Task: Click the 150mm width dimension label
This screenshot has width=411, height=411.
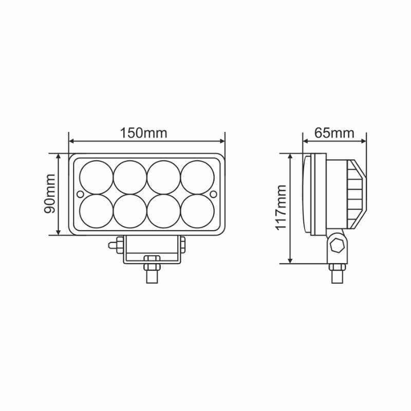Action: click(x=143, y=133)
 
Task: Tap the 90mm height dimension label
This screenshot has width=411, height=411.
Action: click(x=49, y=194)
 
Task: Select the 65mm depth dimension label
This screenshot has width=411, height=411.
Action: click(x=334, y=133)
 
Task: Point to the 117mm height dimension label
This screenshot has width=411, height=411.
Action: click(x=281, y=208)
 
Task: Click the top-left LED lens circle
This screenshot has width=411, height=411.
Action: click(x=97, y=177)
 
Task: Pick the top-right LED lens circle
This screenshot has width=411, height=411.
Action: click(x=197, y=177)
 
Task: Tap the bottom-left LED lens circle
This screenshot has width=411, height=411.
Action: click(x=97, y=211)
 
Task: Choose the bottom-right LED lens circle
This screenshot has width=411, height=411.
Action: click(x=197, y=211)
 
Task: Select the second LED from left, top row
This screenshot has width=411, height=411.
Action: click(x=130, y=177)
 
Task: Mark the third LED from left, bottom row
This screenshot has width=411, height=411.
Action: click(x=164, y=211)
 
